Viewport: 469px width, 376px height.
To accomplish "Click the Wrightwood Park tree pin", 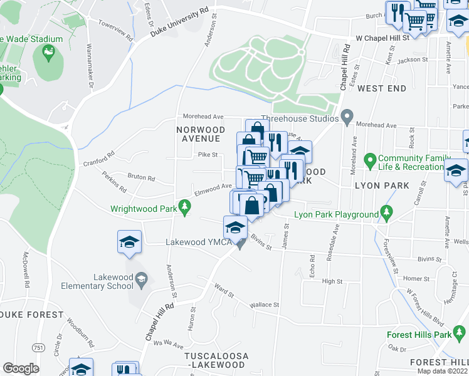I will pyautogui.click(x=184, y=206).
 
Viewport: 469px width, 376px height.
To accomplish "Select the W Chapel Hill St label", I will pyautogui.click(x=382, y=38).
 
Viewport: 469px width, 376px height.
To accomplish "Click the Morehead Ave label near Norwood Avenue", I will pyautogui.click(x=203, y=117).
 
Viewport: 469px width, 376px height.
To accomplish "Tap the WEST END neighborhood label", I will pyautogui.click(x=382, y=89).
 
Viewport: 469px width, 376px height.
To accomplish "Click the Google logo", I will pyautogui.click(x=21, y=368).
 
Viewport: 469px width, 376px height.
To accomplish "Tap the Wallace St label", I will pyautogui.click(x=264, y=305).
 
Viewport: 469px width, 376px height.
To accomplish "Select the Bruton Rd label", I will pyautogui.click(x=141, y=178).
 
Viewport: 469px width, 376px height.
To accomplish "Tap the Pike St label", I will pyautogui.click(x=208, y=155).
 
